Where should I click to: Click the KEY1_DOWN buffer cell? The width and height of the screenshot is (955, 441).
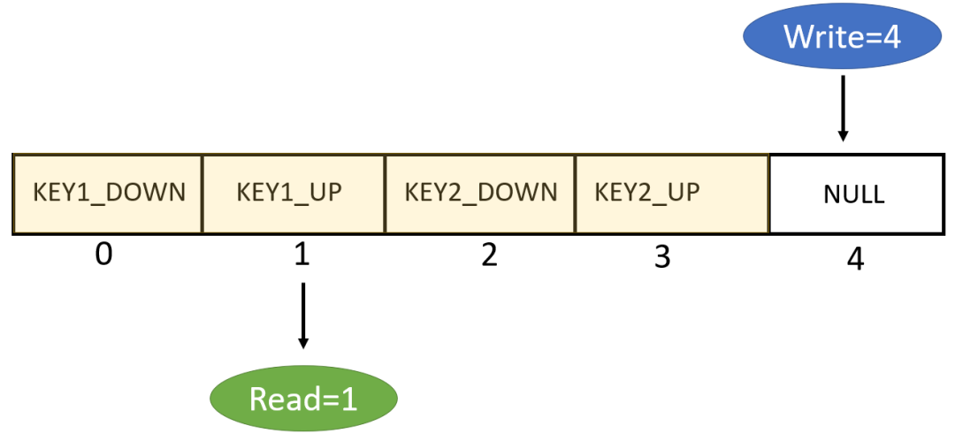(108, 194)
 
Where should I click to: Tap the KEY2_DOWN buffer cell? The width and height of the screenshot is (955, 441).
(481, 194)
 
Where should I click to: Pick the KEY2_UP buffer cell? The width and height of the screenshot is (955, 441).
(672, 194)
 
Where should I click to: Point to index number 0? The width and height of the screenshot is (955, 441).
(104, 255)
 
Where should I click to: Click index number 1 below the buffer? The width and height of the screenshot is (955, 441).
(302, 255)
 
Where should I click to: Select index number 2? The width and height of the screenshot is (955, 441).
(487, 255)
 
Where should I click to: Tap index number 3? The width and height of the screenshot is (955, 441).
(661, 256)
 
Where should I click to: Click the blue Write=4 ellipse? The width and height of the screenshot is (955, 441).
(842, 38)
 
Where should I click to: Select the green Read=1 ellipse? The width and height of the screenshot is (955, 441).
(302, 399)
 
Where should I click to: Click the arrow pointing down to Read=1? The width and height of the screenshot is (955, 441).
(302, 315)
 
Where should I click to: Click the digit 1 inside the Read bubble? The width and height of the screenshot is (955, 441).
(348, 399)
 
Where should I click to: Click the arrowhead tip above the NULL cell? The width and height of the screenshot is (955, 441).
(843, 139)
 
